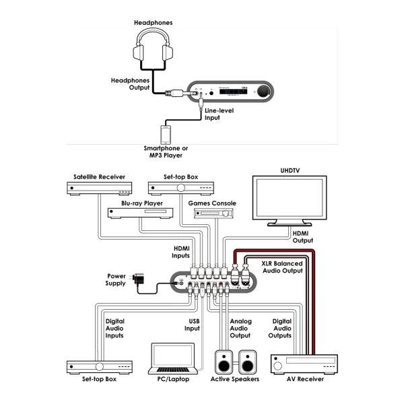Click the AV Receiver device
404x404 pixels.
coord(304,364)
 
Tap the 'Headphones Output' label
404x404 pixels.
coord(130,83)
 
